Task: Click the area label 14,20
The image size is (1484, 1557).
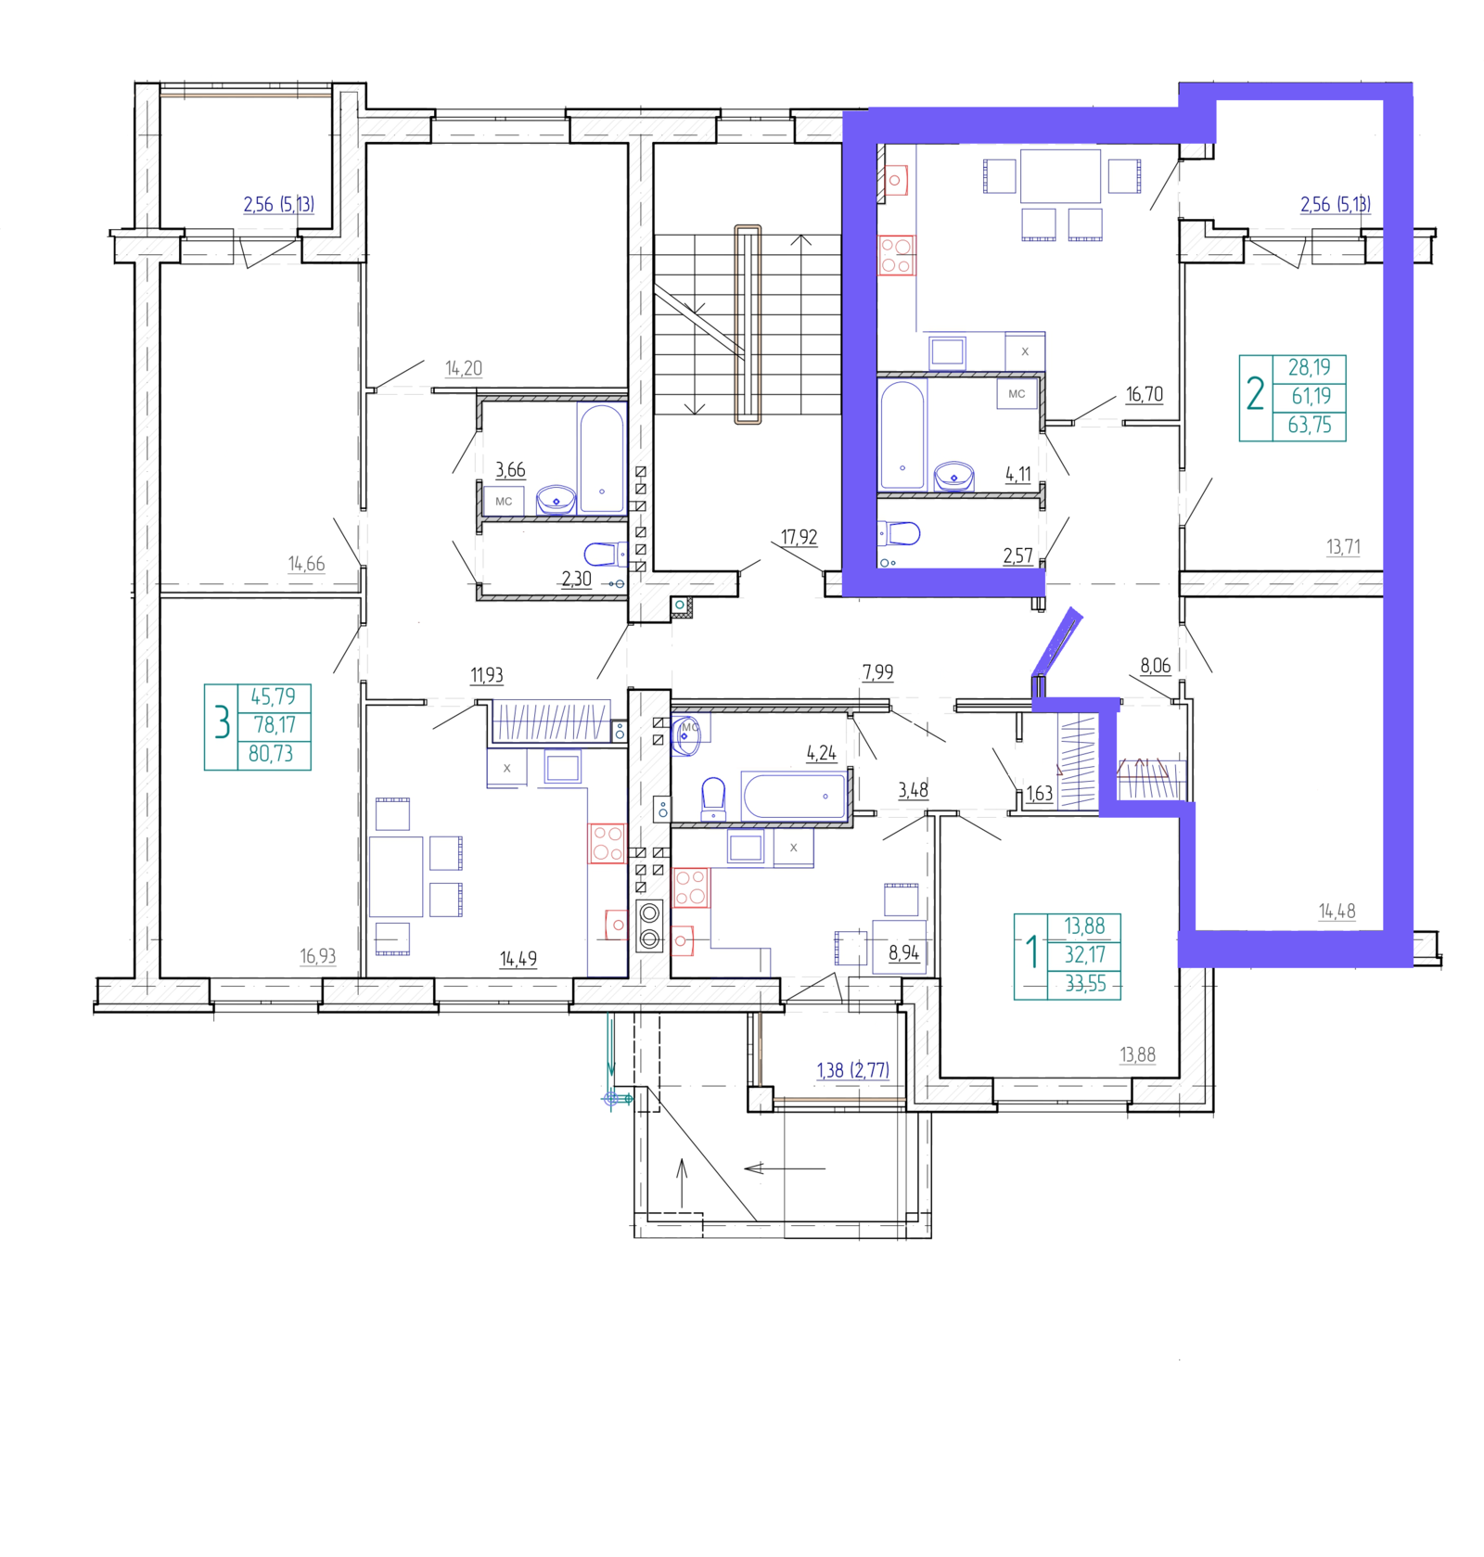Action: pos(464,368)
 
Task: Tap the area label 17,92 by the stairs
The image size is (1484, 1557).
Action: pos(799,537)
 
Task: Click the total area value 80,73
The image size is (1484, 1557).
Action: pos(271,754)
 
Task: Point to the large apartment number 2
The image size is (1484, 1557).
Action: pos(1255,393)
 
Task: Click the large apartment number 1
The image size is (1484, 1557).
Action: pos(1031,951)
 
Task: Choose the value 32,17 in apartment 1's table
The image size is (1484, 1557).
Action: pos(1085,955)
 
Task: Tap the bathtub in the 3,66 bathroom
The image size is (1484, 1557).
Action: pos(601,458)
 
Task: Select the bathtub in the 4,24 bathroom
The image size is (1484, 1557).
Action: pos(794,796)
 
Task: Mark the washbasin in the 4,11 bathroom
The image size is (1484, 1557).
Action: pos(953,476)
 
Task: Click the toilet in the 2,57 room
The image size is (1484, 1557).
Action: pos(899,533)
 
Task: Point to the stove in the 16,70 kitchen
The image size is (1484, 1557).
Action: pos(896,255)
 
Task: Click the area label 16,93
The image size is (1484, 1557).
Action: pos(317,956)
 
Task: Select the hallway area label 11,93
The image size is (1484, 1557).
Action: pos(487,675)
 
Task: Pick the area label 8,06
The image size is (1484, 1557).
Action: pos(1155,665)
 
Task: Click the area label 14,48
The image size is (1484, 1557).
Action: pos(1337,912)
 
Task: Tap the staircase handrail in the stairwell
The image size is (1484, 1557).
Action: pos(748,325)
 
